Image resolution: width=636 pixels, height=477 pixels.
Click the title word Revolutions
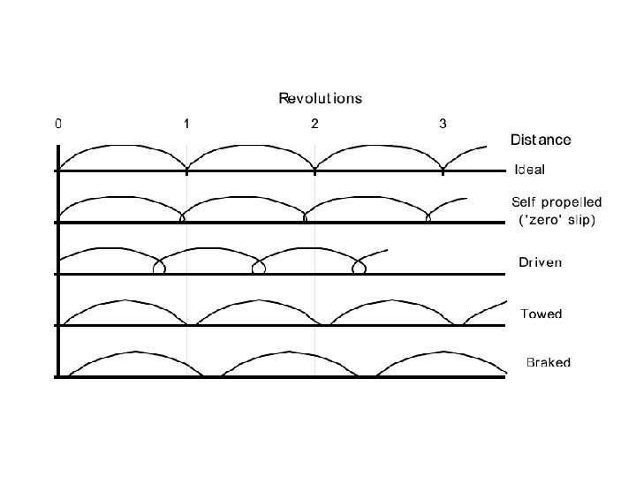pos(320,98)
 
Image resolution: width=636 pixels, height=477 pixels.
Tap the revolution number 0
pos(58,124)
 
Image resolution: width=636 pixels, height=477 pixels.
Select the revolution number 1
pos(186,124)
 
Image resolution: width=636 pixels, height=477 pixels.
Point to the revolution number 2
pos(314,124)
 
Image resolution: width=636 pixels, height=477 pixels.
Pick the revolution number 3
pos(443,124)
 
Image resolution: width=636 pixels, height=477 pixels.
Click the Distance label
pos(541,140)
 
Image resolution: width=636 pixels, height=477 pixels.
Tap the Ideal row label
pos(530,170)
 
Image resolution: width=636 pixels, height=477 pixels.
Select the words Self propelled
pos(556,202)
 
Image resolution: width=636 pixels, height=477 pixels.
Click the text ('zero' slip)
pos(556,220)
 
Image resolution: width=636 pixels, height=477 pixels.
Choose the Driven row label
pos(540,262)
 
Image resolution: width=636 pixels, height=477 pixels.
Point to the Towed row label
pos(541,314)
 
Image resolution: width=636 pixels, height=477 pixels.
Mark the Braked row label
pos(549,362)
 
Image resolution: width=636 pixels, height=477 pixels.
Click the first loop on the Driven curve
pos(159,268)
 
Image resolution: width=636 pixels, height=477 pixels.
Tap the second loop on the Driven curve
pos(258,268)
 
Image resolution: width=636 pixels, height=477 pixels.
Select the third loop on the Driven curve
pos(358,268)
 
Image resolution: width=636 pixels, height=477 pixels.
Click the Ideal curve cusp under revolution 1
pos(186,166)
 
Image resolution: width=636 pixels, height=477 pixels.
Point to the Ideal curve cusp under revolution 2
pos(314,166)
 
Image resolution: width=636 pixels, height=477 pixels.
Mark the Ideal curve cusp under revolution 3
pos(443,166)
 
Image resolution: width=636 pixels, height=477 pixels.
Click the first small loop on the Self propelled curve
pos(182,218)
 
